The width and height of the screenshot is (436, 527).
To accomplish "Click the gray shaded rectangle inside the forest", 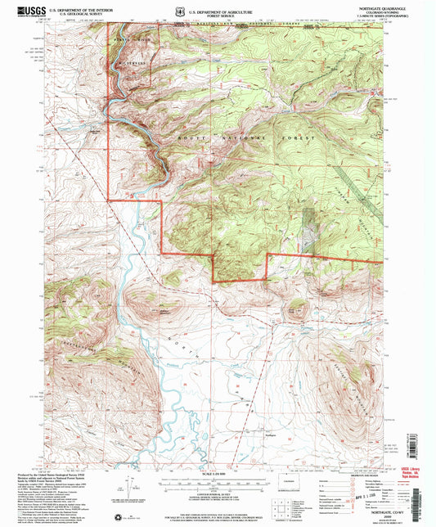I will point(309,229).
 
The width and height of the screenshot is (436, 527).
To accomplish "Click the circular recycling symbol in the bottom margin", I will point(124,516).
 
